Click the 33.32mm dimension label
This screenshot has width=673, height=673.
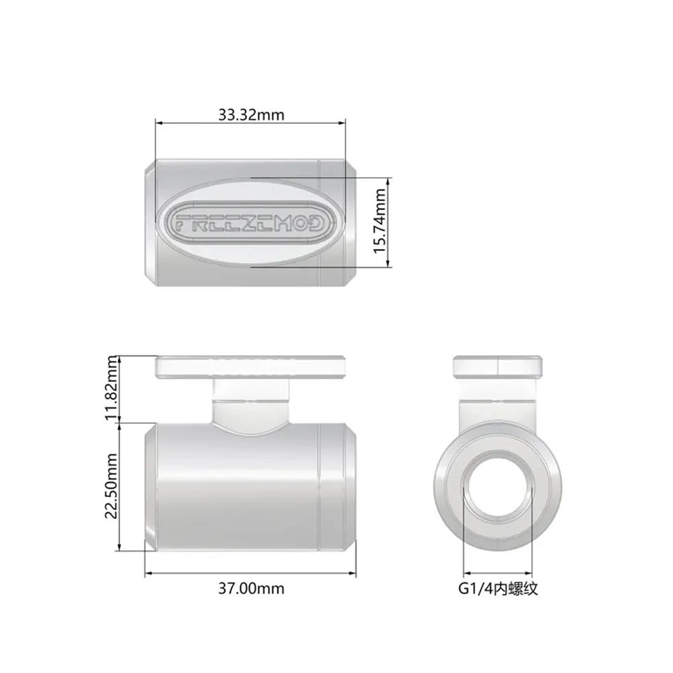(x=250, y=114)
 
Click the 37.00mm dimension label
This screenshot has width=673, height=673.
(x=250, y=589)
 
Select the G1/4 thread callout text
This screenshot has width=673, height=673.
(x=497, y=589)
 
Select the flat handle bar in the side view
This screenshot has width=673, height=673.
(x=250, y=367)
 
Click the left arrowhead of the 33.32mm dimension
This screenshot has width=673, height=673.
(x=159, y=122)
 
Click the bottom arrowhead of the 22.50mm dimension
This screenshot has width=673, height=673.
(x=119, y=546)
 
